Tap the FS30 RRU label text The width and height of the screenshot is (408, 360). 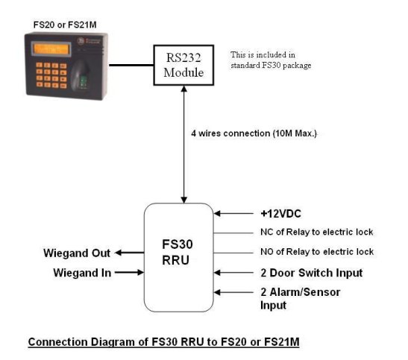point(178,252)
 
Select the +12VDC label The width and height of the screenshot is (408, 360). point(280,214)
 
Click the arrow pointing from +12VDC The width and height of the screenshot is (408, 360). point(233,214)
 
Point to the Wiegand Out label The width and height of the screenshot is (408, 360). point(77,253)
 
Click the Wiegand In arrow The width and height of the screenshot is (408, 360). point(129,272)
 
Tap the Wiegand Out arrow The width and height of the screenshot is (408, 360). point(129,253)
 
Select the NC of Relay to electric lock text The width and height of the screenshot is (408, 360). point(317,232)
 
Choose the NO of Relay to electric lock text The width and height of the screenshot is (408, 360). point(317,252)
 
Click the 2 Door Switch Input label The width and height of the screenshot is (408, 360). point(312,273)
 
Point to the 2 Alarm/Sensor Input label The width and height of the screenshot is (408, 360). point(301,299)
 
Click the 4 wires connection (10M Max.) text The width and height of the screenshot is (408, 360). point(254,133)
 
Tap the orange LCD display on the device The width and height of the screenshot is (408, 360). point(51,49)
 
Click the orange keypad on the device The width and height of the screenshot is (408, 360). point(51,75)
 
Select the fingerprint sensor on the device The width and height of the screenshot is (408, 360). point(81,76)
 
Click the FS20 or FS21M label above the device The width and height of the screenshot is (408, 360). point(65,25)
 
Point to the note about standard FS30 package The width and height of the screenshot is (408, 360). point(271,60)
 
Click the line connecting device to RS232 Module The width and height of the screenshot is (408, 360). point(131,65)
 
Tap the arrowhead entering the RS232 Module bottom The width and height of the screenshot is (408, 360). point(184,89)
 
